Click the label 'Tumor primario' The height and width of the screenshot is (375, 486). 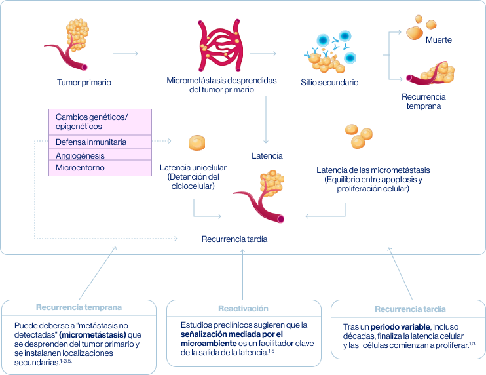point(84,83)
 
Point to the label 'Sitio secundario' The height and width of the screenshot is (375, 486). point(329,83)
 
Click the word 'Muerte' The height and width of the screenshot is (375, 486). point(439,40)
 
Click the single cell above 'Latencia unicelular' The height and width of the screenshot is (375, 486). point(196,143)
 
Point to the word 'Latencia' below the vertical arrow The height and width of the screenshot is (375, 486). point(267,156)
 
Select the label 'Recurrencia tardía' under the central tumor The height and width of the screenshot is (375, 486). point(234,239)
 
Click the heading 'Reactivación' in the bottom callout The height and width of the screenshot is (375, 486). point(243,308)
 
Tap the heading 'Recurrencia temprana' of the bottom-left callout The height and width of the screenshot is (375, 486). point(79,307)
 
